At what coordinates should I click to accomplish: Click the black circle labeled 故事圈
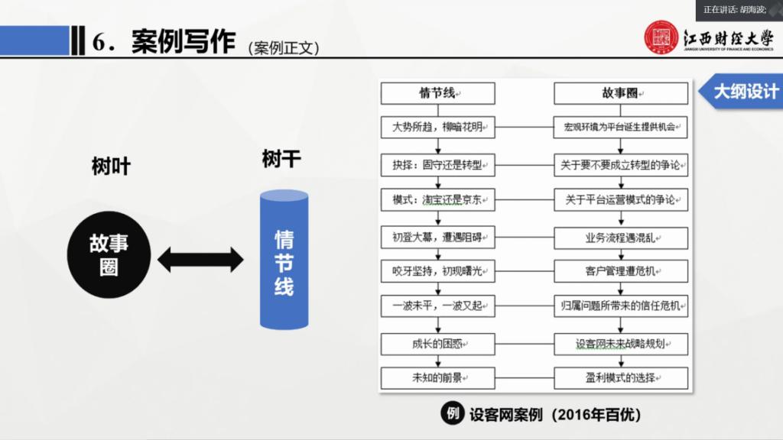pos(109,255)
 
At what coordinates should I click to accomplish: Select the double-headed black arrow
pos(200,260)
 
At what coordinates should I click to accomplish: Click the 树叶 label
pos(111,167)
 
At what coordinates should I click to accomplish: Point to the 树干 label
pos(281,159)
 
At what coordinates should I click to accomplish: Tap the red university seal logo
pos(661,38)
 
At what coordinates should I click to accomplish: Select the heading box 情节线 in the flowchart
pos(437,94)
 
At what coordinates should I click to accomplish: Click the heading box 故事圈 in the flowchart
pos(620,94)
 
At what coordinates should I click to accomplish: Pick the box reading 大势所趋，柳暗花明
pos(437,128)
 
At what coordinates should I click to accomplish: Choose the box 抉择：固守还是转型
pos(437,164)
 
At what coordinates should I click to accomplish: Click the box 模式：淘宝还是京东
pos(437,200)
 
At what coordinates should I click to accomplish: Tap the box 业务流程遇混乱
pos(620,237)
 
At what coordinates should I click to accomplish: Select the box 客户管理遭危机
pos(620,271)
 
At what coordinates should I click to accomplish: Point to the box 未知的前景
pos(437,377)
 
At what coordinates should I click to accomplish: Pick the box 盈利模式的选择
pos(620,377)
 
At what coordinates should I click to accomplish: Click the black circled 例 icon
pos(451,414)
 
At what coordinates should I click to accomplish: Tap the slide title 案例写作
pos(183,42)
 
